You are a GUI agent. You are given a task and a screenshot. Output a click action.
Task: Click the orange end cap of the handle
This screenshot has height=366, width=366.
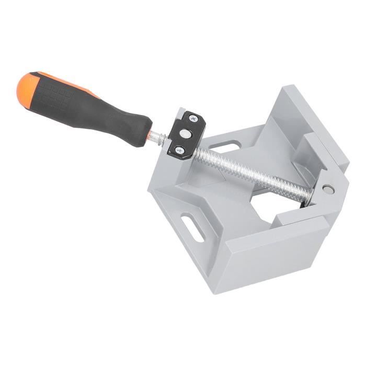[26, 87]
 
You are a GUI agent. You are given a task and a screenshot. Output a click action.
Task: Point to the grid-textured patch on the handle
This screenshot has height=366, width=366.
[58, 96]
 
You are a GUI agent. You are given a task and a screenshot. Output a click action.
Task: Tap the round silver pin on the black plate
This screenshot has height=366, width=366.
[187, 134]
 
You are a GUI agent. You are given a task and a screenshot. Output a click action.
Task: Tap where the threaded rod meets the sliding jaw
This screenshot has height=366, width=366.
[308, 196]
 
